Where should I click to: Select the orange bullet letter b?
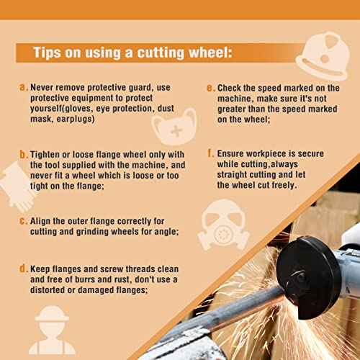point(23,154)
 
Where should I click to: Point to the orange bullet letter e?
point(210,88)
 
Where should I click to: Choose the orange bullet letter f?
point(210,153)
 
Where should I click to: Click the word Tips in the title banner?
point(49,53)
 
